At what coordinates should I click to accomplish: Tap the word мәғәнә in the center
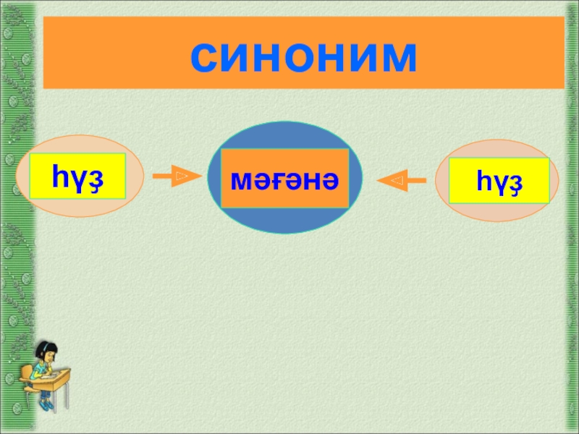pyautogui.click(x=284, y=179)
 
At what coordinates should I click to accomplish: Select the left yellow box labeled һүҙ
pyautogui.click(x=78, y=176)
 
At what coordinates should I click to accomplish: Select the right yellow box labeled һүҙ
pyautogui.click(x=499, y=180)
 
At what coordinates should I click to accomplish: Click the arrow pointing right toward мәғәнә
pyautogui.click(x=175, y=176)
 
